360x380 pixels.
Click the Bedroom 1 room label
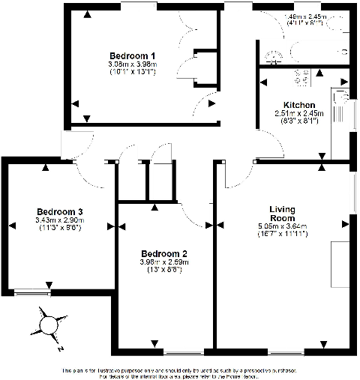click(x=132, y=55)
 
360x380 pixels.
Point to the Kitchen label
click(x=298, y=104)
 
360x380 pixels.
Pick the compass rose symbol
click(x=48, y=325)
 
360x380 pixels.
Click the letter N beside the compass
click(x=60, y=348)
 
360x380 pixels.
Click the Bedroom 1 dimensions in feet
click(x=132, y=73)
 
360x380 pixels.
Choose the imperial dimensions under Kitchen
click(x=298, y=121)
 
